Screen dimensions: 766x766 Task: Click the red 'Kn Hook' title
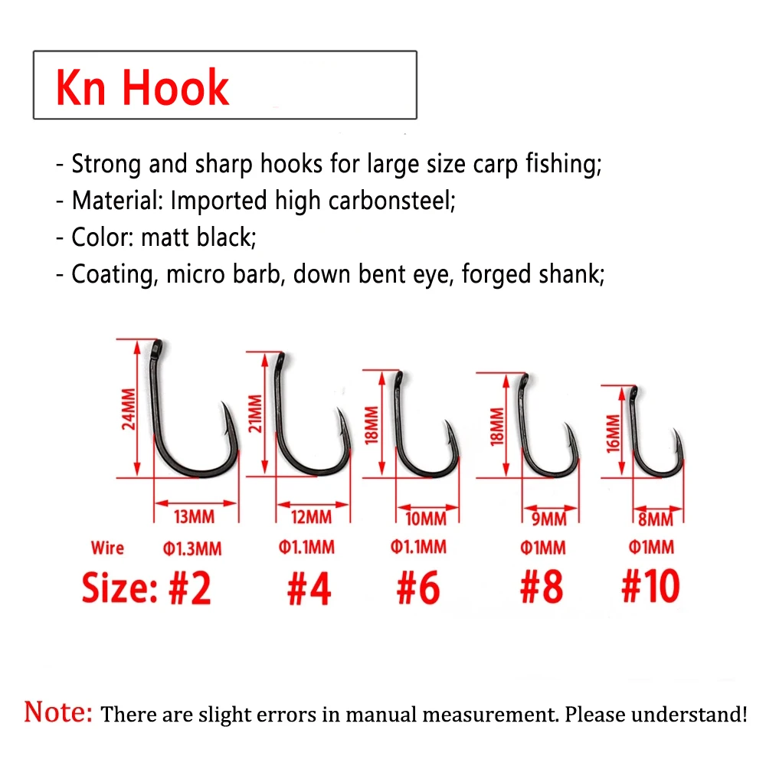(142, 87)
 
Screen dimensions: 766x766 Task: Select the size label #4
(309, 588)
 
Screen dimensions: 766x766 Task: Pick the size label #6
(418, 588)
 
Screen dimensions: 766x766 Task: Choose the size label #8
(541, 588)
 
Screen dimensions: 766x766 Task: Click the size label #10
(650, 588)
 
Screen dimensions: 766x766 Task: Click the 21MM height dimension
(256, 413)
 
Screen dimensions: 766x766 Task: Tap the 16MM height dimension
(612, 434)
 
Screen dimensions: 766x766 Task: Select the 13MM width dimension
(195, 516)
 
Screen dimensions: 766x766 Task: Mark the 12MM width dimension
(312, 518)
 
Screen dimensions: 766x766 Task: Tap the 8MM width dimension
(655, 520)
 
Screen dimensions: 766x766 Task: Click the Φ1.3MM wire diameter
(192, 548)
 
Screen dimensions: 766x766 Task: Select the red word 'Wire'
(107, 548)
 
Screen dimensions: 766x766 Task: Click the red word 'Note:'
(58, 712)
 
